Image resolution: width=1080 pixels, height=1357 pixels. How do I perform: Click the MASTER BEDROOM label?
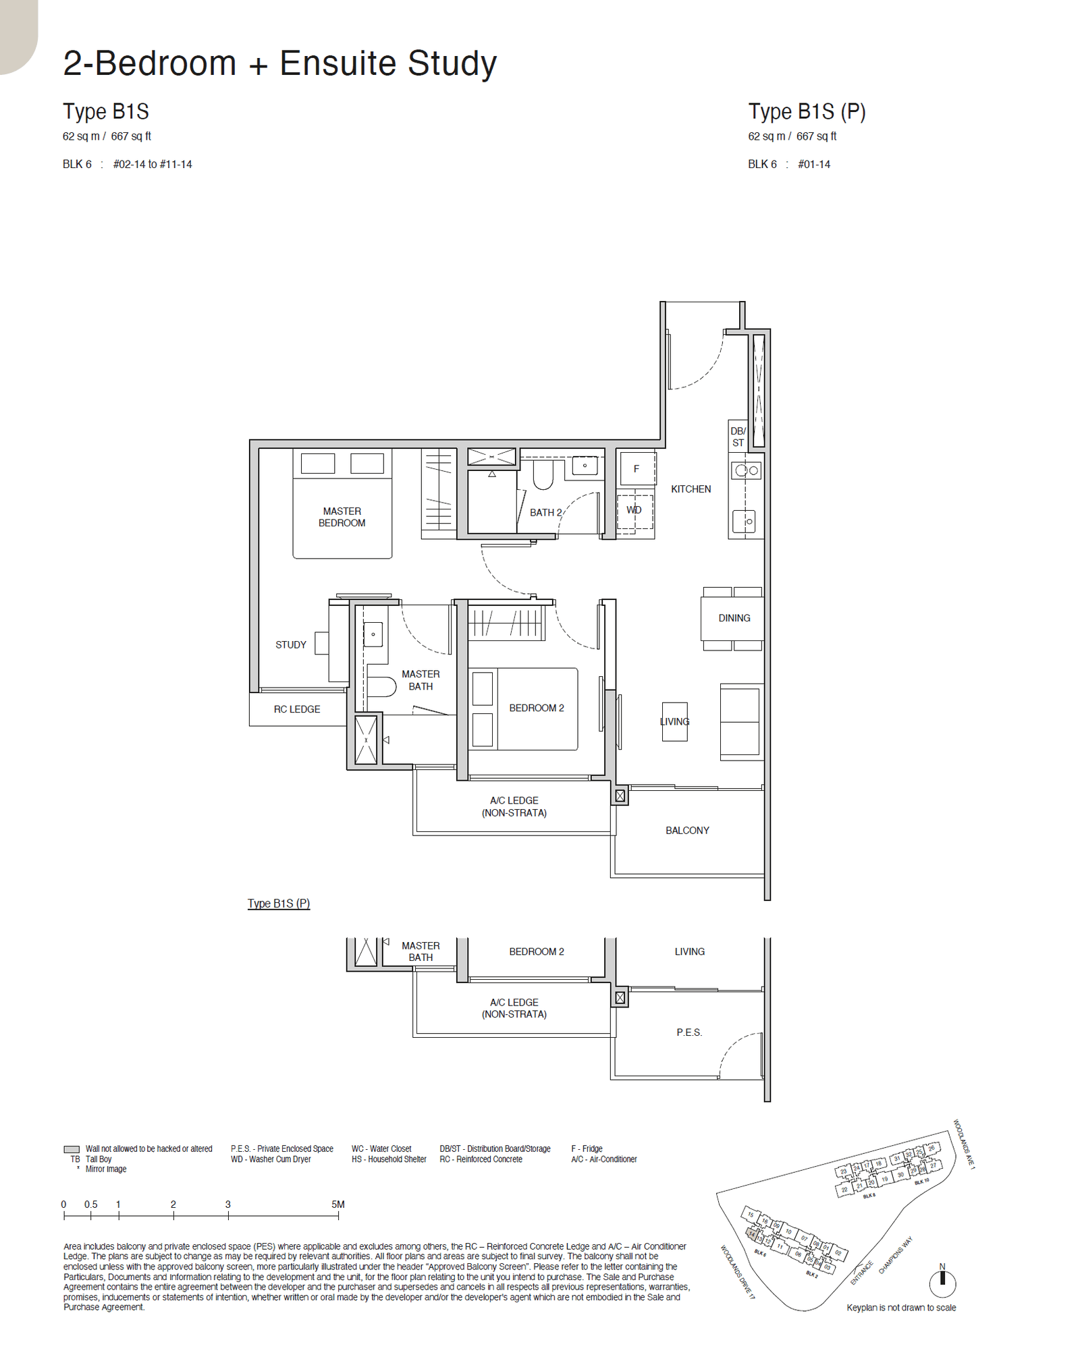click(x=342, y=517)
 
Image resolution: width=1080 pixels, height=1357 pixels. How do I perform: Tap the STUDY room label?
click(x=290, y=644)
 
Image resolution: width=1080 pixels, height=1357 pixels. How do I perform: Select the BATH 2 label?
click(x=545, y=512)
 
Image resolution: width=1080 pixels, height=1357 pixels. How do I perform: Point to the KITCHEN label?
click(x=691, y=489)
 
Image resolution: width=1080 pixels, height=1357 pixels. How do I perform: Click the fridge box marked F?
click(x=637, y=468)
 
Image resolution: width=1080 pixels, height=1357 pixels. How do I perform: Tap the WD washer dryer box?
click(x=634, y=510)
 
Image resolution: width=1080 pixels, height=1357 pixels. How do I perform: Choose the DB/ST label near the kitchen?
click(x=738, y=437)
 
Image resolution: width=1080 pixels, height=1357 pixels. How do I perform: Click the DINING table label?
click(x=734, y=617)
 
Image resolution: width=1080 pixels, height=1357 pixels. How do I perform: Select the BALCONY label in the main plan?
click(x=687, y=830)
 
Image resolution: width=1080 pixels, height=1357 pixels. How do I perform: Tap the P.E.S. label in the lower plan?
click(x=689, y=1032)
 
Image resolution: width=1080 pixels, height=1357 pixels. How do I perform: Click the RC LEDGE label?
click(x=297, y=709)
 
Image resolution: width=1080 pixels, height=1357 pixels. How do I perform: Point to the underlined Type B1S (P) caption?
click(x=279, y=903)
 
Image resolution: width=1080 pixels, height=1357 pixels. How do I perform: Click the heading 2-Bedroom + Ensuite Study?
click(x=279, y=63)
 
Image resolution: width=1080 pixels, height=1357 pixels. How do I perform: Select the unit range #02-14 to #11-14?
click(x=153, y=164)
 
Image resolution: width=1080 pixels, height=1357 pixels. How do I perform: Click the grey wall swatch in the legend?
click(x=72, y=1149)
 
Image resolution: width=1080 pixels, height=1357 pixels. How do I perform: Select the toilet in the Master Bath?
click(x=381, y=687)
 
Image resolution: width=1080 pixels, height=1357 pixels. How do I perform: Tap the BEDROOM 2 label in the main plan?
click(x=536, y=707)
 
